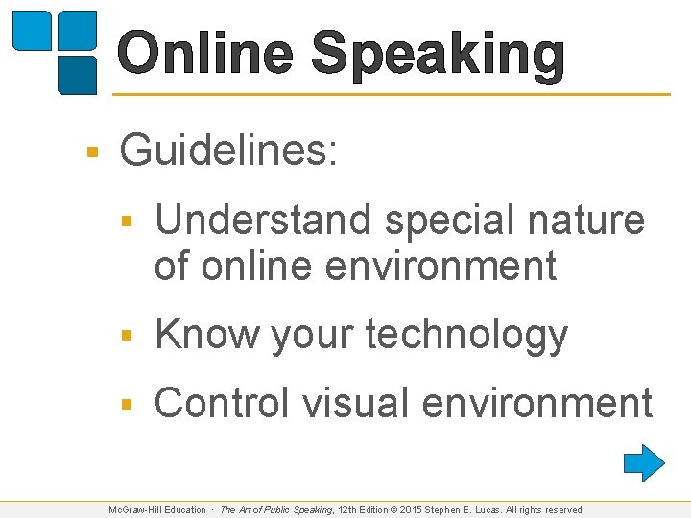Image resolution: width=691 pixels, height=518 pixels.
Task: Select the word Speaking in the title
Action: (x=438, y=55)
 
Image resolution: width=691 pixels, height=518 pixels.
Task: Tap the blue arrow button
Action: (x=644, y=462)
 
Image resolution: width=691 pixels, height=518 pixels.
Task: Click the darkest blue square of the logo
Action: (x=78, y=74)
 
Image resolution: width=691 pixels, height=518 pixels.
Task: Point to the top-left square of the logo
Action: (x=32, y=31)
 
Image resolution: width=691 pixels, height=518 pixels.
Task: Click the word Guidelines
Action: (x=228, y=151)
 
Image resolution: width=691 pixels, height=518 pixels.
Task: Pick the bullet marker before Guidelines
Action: (x=92, y=152)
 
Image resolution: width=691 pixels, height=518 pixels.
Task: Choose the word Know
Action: (x=207, y=335)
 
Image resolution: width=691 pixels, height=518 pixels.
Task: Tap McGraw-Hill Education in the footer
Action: (x=157, y=510)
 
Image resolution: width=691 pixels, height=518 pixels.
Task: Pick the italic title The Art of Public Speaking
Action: (x=276, y=510)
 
